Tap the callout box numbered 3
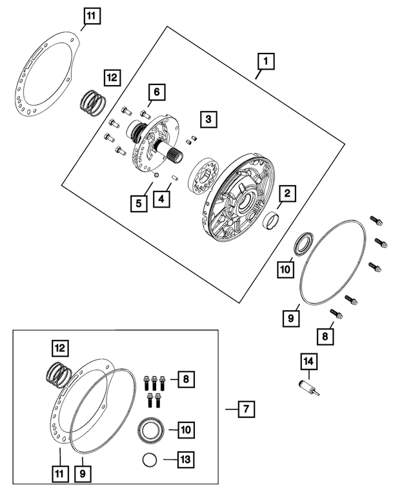208,119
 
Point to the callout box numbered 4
162,201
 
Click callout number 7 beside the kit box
246,408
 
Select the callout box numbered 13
185,460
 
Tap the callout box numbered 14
308,363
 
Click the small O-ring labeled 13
149,460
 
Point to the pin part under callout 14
308,388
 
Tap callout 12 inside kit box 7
60,349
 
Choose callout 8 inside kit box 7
185,380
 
